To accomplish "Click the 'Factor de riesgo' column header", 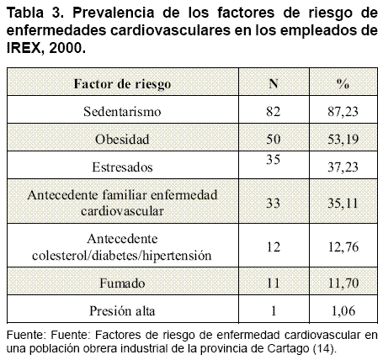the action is tap(122, 84).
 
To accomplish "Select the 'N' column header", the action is tap(274, 83).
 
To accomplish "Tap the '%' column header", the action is tap(343, 83).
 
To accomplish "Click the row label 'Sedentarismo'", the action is tap(122, 112).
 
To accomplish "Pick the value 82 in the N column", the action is tap(274, 112).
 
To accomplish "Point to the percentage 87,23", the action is tap(343, 112).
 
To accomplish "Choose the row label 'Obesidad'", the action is tap(122, 139).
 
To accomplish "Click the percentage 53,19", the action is tap(343, 140).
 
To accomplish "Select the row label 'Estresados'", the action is tap(122, 167).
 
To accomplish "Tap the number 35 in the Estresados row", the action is tap(274, 159).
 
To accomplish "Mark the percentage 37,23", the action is tap(343, 167).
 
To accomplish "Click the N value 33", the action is tap(274, 203).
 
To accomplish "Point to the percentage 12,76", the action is tap(343, 247).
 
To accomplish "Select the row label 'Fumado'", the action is tap(122, 283).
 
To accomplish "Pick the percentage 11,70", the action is tap(343, 283).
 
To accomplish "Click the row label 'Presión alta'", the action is tap(122, 311).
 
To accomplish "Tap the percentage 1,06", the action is tap(343, 311).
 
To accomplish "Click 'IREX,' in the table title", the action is tap(24, 48).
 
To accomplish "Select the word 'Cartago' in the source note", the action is tap(288, 348).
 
